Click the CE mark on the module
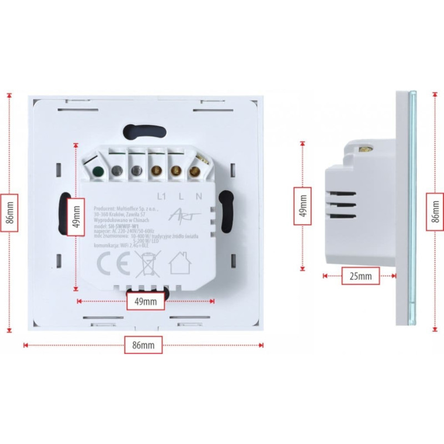(x=110, y=263)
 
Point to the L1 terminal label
(x=162, y=196)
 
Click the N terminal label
(x=198, y=196)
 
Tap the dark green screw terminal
(x=98, y=171)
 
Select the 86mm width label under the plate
(x=144, y=345)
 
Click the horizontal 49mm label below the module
(x=145, y=301)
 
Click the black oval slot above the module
(x=145, y=130)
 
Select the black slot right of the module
(x=225, y=213)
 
